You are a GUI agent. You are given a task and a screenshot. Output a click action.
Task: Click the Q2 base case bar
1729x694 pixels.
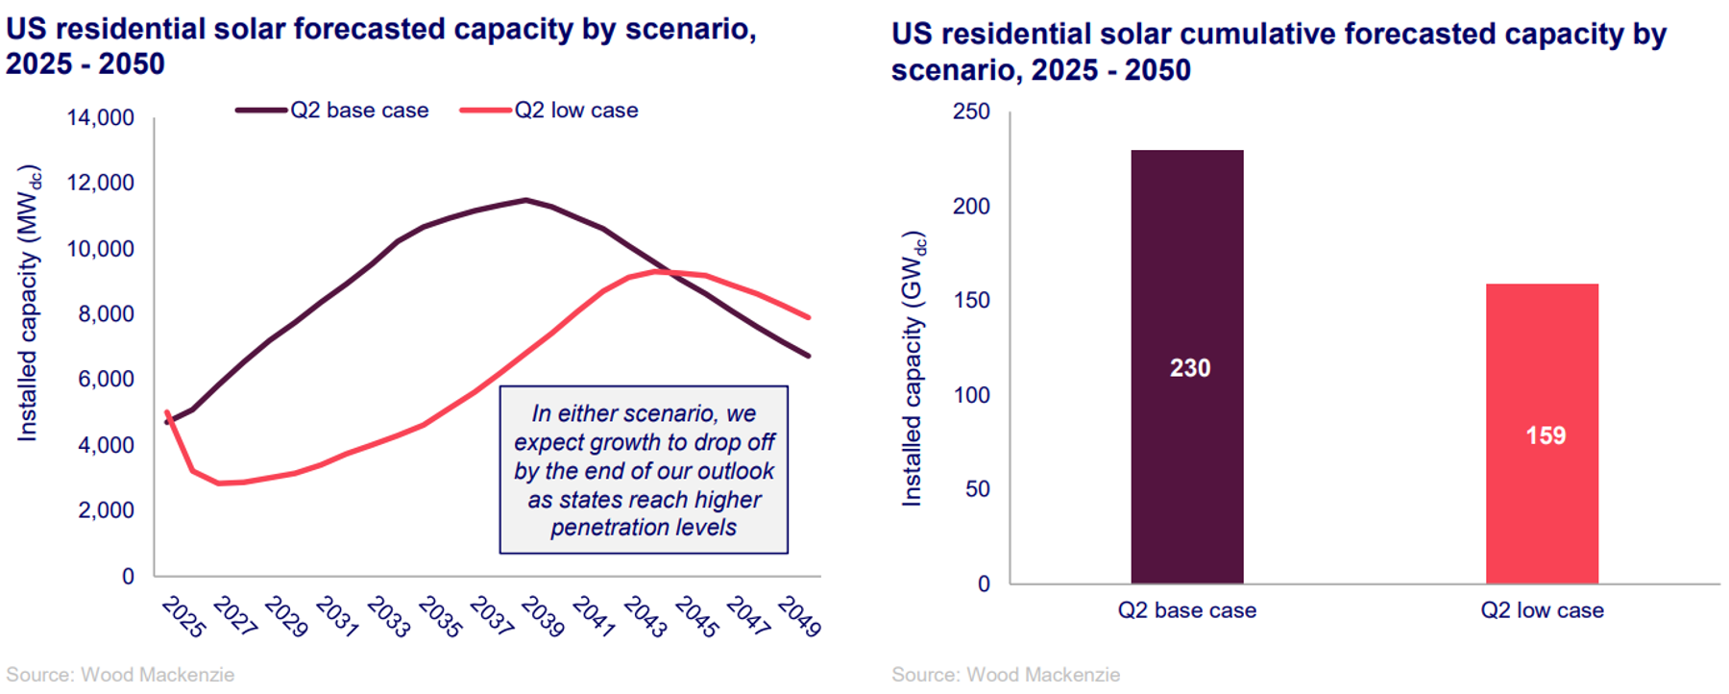pos(1186,288)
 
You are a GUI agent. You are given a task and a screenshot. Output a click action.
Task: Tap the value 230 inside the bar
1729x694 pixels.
pos(1189,368)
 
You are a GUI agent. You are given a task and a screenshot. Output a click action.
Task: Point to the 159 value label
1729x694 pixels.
pos(1545,435)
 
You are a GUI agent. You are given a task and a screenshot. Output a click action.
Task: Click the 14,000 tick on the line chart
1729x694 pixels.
pos(101,118)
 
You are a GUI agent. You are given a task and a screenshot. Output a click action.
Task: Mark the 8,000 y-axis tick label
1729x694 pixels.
pos(106,314)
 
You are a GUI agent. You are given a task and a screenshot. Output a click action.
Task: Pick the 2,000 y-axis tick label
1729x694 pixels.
pos(106,510)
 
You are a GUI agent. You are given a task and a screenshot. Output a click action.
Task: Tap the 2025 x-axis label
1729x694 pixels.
pos(183,617)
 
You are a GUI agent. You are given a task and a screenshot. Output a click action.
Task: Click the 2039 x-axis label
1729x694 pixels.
pos(543,617)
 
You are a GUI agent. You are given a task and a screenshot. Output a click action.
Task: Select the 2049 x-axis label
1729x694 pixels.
pos(799,617)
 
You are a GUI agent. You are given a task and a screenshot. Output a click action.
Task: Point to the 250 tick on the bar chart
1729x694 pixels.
pos(971,112)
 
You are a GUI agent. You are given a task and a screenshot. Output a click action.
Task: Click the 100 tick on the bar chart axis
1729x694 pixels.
pos(971,395)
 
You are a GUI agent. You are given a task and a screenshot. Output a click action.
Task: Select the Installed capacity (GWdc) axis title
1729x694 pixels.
pos(913,368)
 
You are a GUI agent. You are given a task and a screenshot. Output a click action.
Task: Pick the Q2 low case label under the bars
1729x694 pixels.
pos(1542,610)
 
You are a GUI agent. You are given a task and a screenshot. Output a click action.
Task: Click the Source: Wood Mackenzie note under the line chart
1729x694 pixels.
pos(120,675)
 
